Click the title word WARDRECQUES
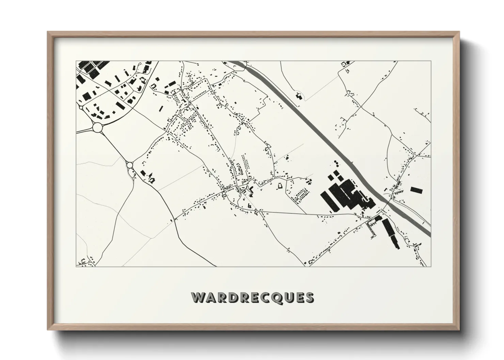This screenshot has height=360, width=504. click(252, 297)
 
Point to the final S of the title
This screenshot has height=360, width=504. click(309, 297)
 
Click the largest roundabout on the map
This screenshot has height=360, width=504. click(97, 127)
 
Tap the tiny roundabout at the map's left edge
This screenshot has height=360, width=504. click(81, 108)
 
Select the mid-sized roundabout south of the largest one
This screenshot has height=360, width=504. click(130, 165)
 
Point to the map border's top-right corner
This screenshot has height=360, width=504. click(430, 61)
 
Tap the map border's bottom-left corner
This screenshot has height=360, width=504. click(76, 266)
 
